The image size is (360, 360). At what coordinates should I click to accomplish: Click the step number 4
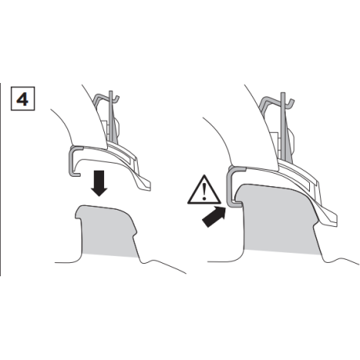[x=23, y=99]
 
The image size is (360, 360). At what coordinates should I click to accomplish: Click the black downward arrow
[x=99, y=183]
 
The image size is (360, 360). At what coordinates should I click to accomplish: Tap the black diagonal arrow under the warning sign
[x=214, y=216]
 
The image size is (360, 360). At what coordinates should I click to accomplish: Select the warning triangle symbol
[x=204, y=190]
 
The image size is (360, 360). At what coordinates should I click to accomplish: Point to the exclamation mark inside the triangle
[x=204, y=192]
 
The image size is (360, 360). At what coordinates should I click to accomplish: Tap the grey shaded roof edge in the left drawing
[x=107, y=229]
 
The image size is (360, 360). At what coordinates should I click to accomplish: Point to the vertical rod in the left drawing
[x=111, y=117]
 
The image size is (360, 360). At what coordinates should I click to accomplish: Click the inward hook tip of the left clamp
[x=78, y=174]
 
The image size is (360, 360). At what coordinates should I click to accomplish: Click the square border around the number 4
[x=23, y=99]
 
